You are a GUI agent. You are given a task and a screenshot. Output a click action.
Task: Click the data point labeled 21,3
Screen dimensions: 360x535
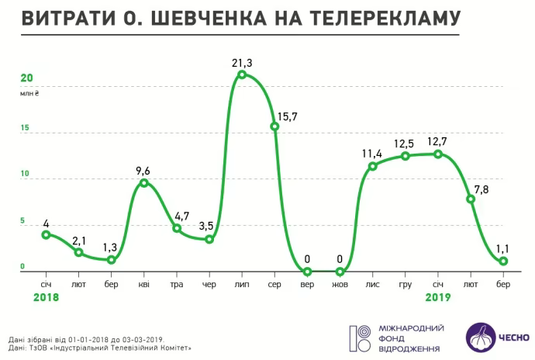click(x=243, y=74)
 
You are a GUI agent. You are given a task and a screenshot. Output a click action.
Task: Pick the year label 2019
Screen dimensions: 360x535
click(x=439, y=297)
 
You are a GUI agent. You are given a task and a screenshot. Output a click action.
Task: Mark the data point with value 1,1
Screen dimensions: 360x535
click(x=503, y=261)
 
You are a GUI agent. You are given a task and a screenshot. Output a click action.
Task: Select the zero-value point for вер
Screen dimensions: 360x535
click(x=308, y=272)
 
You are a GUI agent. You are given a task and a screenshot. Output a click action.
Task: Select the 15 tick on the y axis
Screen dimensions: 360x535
click(x=25, y=127)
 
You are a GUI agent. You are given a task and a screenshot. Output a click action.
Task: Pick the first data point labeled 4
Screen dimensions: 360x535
click(x=46, y=234)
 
